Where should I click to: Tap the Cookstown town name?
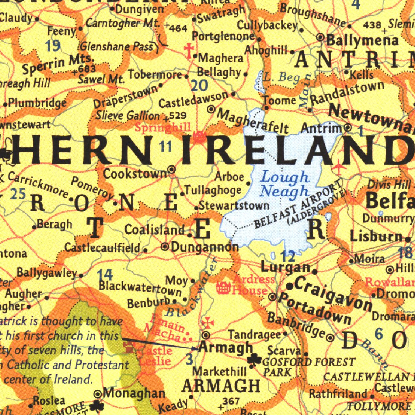(135, 173)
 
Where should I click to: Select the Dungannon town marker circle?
(165, 246)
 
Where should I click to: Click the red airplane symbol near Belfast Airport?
(339, 167)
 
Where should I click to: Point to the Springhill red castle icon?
(199, 137)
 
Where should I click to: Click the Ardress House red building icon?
(223, 288)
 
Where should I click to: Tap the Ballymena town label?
(362, 41)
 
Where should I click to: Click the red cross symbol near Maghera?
(188, 51)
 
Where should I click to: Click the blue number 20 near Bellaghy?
(199, 86)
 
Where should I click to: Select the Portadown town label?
(315, 308)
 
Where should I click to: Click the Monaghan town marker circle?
(98, 394)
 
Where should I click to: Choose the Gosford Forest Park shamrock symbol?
(255, 359)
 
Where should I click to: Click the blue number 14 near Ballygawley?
(105, 276)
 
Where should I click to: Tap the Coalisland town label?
(154, 230)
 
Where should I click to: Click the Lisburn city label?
(376, 235)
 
